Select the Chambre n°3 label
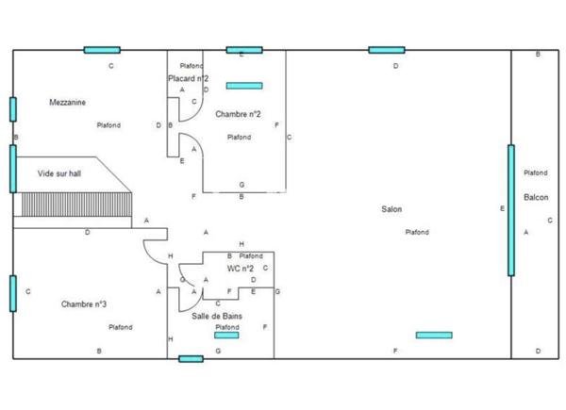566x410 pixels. point(84,303)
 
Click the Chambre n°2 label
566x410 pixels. point(238,114)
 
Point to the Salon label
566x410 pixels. point(391,209)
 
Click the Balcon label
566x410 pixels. point(536,197)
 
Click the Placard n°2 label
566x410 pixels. point(189,78)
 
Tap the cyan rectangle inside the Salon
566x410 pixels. point(433,335)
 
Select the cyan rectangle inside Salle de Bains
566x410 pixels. point(226,335)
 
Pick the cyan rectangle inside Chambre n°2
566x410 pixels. point(243,86)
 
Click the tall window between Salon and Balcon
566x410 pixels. point(511,209)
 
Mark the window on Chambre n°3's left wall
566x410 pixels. point(13,292)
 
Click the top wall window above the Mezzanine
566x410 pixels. point(101,50)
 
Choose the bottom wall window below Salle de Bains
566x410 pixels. point(191,358)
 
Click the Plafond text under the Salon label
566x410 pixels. point(417,232)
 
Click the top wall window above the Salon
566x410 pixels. point(386,50)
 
